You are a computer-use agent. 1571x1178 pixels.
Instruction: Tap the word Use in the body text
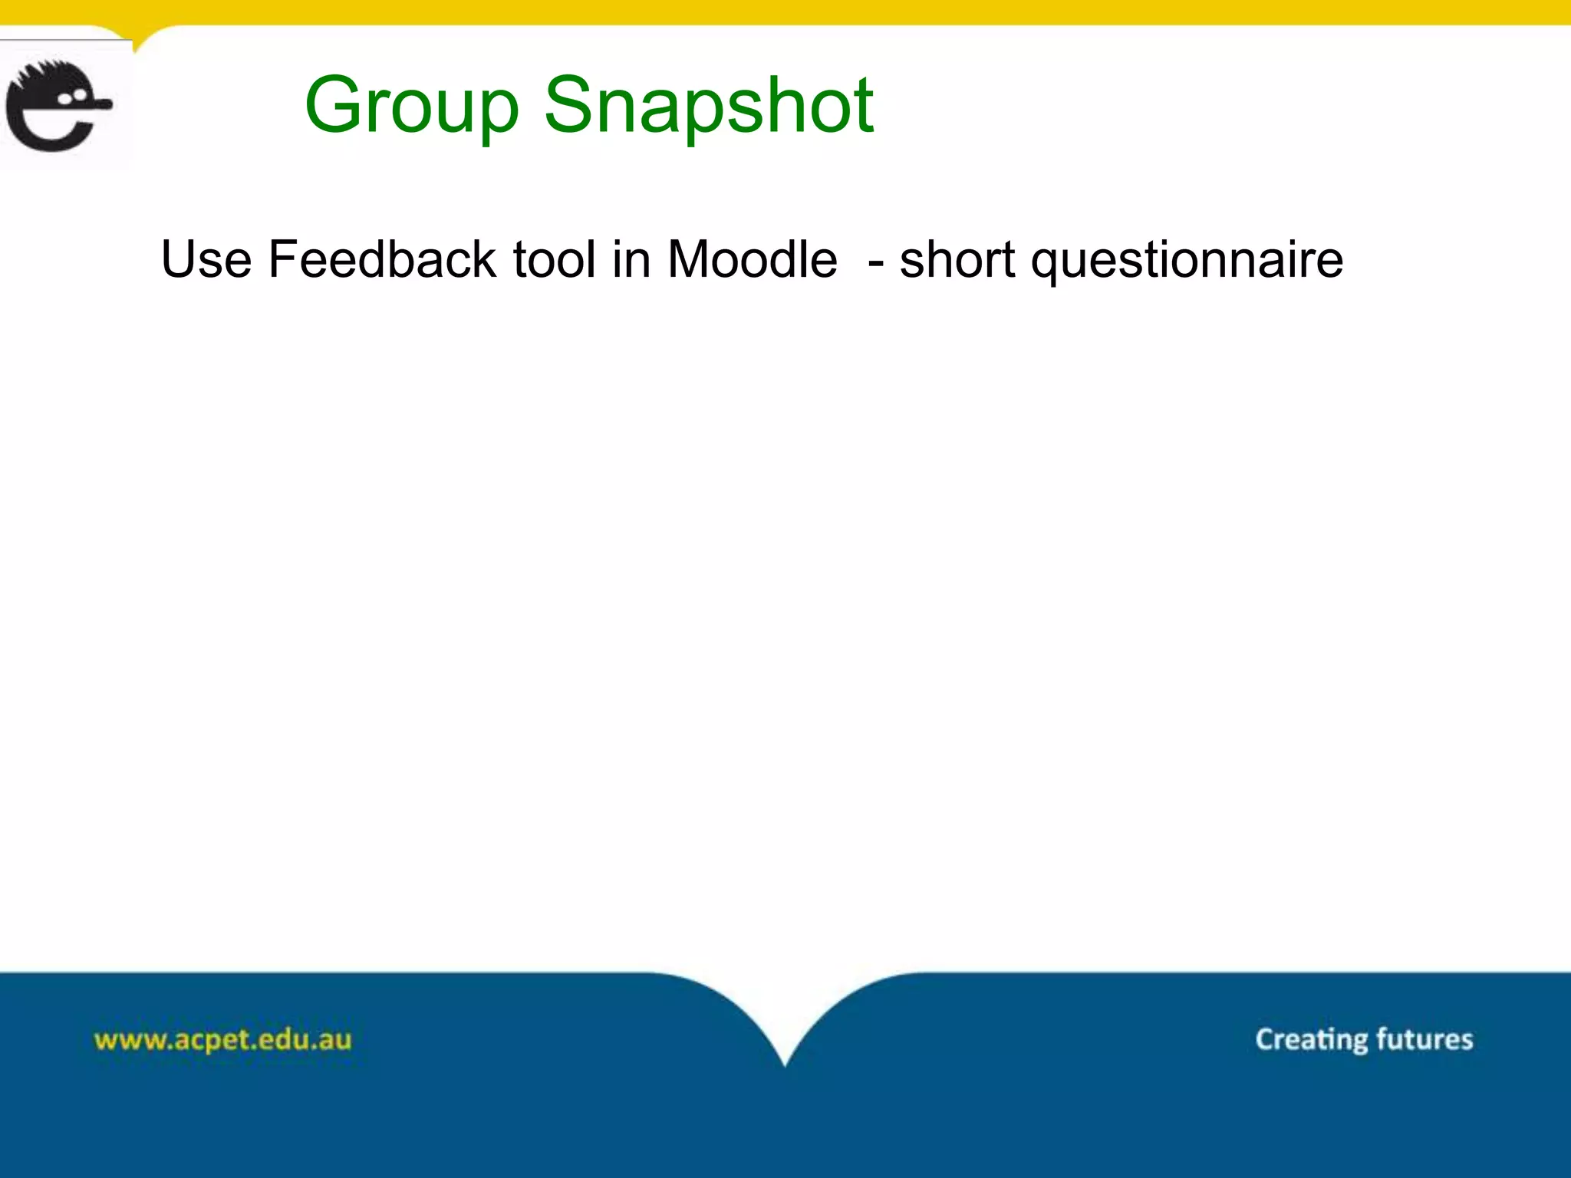pyautogui.click(x=206, y=259)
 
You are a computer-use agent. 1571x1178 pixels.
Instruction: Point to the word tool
pyautogui.click(x=554, y=259)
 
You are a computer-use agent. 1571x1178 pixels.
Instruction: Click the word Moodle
pyautogui.click(x=752, y=259)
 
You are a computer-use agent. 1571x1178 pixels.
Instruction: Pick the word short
pyautogui.click(x=957, y=259)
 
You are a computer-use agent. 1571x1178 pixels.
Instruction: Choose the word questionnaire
pyautogui.click(x=1187, y=261)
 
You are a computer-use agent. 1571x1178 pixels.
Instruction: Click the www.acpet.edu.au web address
pyautogui.click(x=222, y=1040)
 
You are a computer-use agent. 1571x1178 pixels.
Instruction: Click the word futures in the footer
pyautogui.click(x=1424, y=1039)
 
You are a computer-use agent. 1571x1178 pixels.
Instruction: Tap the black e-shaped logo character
pyautogui.click(x=54, y=107)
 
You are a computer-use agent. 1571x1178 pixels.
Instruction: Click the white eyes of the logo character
pyautogui.click(x=72, y=97)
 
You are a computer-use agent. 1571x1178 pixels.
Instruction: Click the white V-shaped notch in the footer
pyautogui.click(x=785, y=1020)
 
